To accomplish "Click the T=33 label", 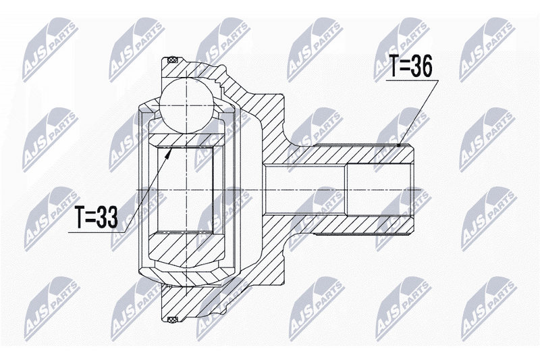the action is click(x=97, y=217).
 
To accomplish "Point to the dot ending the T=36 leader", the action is click(x=398, y=145).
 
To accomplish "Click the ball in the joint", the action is click(x=186, y=105).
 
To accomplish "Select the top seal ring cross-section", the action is click(x=171, y=61).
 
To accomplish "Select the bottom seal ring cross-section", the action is click(x=171, y=319).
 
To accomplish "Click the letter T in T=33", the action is click(x=81, y=217).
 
